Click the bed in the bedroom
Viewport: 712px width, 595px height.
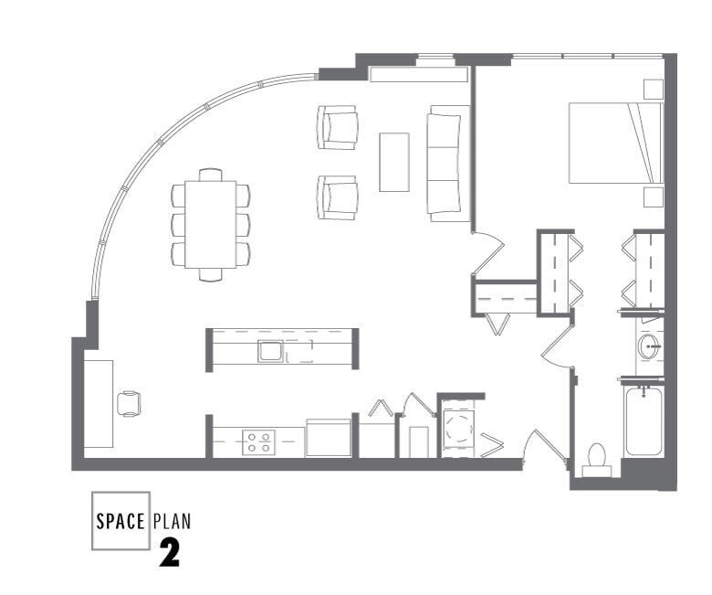613,143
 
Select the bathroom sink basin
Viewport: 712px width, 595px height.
649,345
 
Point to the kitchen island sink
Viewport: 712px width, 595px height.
269,351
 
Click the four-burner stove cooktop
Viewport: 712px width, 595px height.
257,442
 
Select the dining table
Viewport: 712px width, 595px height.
210,224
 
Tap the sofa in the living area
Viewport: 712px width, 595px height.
448,163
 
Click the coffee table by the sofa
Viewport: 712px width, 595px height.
393,162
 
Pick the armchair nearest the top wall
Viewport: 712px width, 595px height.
337,127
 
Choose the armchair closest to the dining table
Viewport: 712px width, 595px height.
337,197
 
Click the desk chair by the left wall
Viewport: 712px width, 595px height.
129,403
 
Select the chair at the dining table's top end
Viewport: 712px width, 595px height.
210,174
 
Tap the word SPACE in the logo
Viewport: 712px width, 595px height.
120,522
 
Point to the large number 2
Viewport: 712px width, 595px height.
169,554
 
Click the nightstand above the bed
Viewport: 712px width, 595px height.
653,89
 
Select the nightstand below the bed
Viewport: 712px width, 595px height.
653,197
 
